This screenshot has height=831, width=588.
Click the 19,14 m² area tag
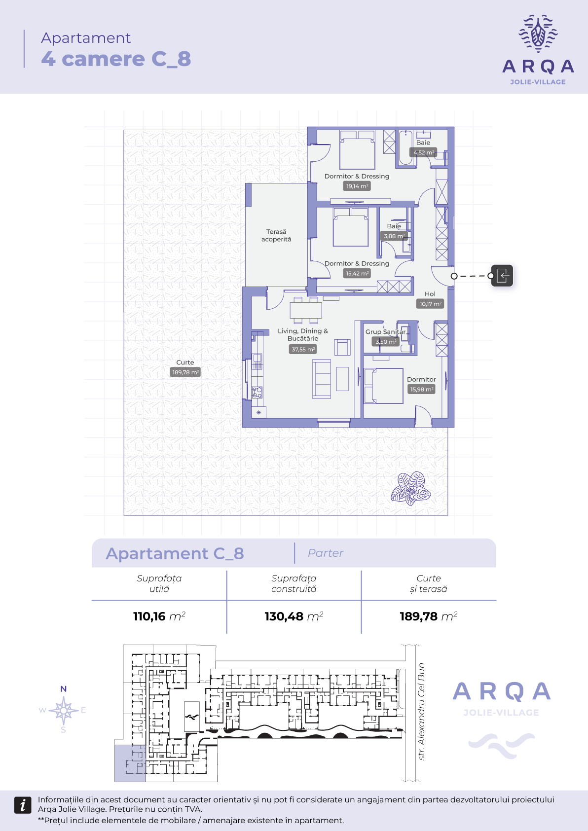coord(357,186)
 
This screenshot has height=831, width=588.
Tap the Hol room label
coord(430,294)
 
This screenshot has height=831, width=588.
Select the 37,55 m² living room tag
coord(303,349)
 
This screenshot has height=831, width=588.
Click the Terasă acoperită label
coord(276,235)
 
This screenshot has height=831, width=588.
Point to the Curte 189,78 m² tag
coord(185,372)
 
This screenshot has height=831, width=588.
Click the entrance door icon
coord(502,276)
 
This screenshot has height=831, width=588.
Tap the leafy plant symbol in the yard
coord(410,488)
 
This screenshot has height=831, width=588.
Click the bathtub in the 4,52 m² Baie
coord(405,147)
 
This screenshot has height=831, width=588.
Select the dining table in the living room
coord(306,310)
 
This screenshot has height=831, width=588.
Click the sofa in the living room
coord(322,379)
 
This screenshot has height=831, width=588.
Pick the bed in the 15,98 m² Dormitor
coord(384,386)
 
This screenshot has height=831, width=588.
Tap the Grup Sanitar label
coord(385,332)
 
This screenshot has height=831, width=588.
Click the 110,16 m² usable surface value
coord(159,616)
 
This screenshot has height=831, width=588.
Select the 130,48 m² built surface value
coord(294,616)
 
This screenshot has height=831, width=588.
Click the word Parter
coord(326,553)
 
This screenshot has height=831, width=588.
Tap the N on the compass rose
coord(64,689)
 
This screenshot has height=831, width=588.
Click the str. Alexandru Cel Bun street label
coord(421,711)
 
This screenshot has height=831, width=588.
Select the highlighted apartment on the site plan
coord(130,763)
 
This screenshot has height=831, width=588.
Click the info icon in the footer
coord(23,805)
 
